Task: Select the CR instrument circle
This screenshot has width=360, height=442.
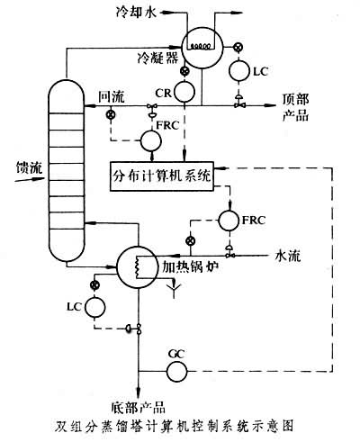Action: [x=185, y=91]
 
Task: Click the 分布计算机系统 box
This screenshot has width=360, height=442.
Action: [x=162, y=174]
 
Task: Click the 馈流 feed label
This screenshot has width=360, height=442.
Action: [x=18, y=168]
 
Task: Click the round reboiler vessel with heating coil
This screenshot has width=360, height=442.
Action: [x=139, y=267]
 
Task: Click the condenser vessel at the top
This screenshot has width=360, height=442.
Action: [x=202, y=42]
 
